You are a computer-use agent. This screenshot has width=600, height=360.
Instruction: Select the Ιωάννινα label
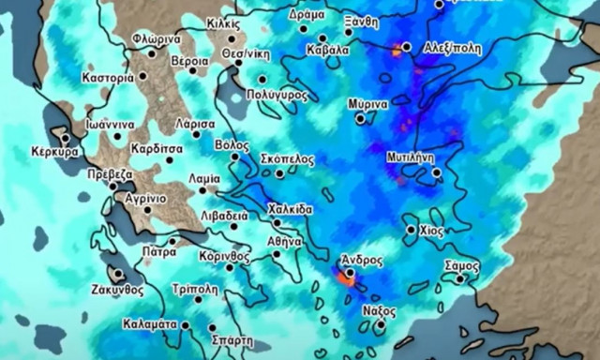click(x=108, y=124)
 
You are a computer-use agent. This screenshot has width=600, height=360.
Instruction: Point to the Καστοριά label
click(x=108, y=79)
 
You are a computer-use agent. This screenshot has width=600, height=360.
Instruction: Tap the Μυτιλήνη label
click(x=410, y=158)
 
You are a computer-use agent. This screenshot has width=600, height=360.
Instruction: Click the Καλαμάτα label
click(x=150, y=323)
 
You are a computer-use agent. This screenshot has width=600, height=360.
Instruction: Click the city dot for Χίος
click(x=411, y=230)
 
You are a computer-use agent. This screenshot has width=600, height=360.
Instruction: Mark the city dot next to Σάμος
click(x=460, y=278)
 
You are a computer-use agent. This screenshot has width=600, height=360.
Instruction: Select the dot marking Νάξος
click(x=380, y=326)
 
